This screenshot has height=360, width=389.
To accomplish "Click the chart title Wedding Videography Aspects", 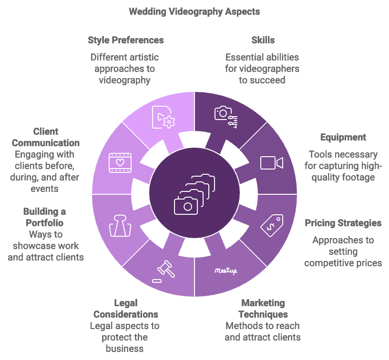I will [x=194, y=11].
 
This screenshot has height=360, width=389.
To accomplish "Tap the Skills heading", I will [x=263, y=40].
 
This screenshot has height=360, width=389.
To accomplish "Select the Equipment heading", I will [x=343, y=137].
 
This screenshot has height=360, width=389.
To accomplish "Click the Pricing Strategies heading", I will [x=343, y=223].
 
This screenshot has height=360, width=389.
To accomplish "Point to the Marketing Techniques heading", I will [x=263, y=309].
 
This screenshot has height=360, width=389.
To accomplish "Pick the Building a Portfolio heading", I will [x=44, y=217].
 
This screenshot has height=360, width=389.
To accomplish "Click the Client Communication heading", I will [x=46, y=137].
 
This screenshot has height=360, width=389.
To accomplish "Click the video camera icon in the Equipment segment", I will [x=271, y=163].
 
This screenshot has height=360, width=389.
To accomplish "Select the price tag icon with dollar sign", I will [x=271, y=224].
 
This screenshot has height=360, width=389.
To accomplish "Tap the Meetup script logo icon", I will [x=225, y=270].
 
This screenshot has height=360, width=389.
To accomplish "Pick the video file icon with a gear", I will [x=163, y=117].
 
